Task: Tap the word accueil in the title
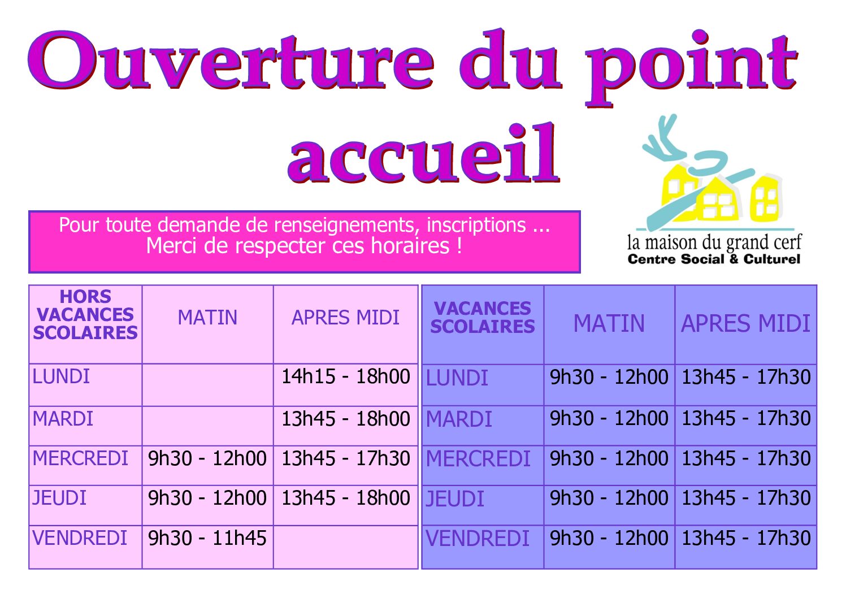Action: pos(423,153)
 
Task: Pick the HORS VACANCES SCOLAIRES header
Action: pos(85,315)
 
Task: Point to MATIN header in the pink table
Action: pos(207,317)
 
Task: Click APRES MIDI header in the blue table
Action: pos(745,323)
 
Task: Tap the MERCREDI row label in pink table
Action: pos(80,458)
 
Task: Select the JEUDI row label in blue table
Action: pos(455,499)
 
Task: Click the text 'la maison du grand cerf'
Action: pos(714,243)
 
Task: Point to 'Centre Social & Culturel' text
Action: pos(714,259)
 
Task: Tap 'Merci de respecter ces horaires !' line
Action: pos(304,246)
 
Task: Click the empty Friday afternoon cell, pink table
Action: pos(345,547)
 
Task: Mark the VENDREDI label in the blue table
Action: pos(478,539)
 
